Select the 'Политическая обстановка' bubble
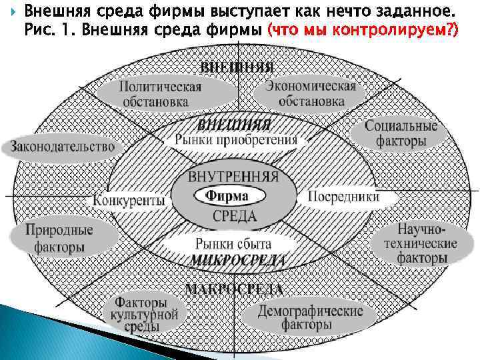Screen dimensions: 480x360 coord(161,94)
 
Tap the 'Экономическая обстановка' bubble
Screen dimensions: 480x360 coord(311,93)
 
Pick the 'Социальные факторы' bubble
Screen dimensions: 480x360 coord(400,133)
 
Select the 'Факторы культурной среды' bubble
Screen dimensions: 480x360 coord(145,313)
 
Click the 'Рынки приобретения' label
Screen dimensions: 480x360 coord(236,140)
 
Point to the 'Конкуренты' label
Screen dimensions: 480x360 coord(129,199)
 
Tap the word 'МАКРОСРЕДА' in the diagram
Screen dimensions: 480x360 coord(233,289)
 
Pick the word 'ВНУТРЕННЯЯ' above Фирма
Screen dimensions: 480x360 coord(233,178)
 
